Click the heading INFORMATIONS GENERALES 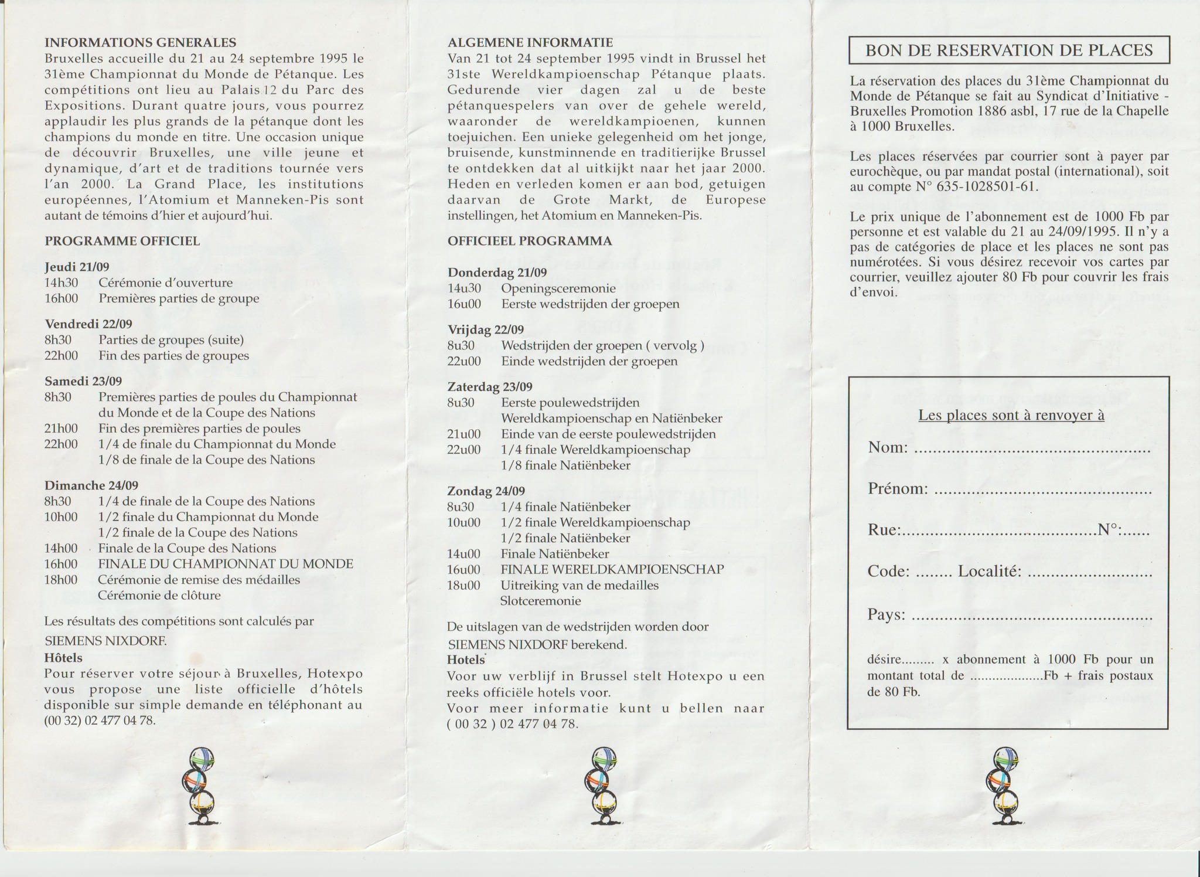(141, 42)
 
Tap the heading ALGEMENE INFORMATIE (530, 42)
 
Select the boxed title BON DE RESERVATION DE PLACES (1009, 50)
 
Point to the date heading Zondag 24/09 (486, 491)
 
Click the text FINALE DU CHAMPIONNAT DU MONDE (226, 564)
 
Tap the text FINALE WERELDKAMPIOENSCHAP (612, 569)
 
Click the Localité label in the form (990, 572)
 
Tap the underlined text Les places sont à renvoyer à (1011, 415)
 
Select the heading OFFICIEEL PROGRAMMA (530, 241)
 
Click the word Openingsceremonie (558, 288)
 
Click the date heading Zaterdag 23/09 (490, 387)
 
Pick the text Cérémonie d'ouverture (165, 283)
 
